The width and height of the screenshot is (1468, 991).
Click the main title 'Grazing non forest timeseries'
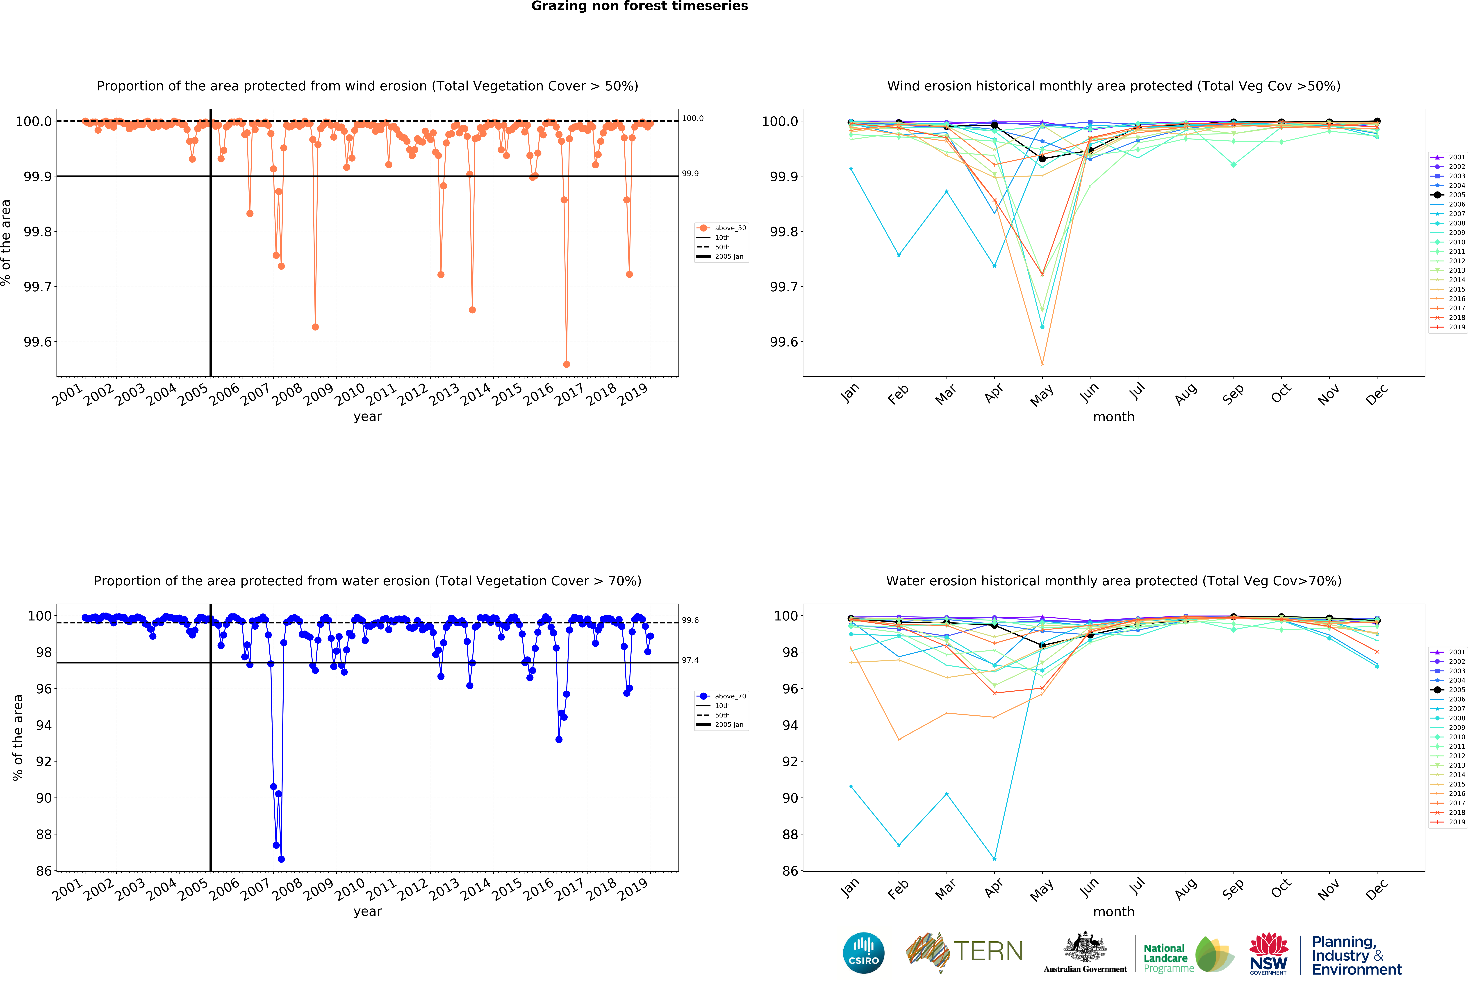(639, 6)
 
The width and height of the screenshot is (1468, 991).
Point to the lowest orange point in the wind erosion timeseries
(566, 364)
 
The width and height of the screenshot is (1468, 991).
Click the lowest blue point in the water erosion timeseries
(281, 859)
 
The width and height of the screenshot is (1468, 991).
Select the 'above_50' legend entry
(730, 228)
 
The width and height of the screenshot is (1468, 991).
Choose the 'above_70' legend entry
(730, 696)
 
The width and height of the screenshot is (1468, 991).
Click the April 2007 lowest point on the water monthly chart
(994, 859)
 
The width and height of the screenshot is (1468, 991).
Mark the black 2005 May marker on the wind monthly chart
(1042, 159)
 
